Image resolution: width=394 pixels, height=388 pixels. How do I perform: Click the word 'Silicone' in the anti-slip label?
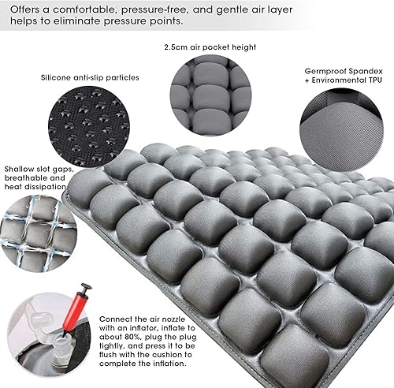point(56,77)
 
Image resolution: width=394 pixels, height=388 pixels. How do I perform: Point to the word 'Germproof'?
point(324,72)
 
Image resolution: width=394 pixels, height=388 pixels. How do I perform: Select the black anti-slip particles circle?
point(89,127)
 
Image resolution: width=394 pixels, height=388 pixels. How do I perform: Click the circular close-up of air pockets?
point(210,95)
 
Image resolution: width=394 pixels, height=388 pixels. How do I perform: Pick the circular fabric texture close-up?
point(341,130)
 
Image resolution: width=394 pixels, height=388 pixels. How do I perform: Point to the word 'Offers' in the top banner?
point(25,9)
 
